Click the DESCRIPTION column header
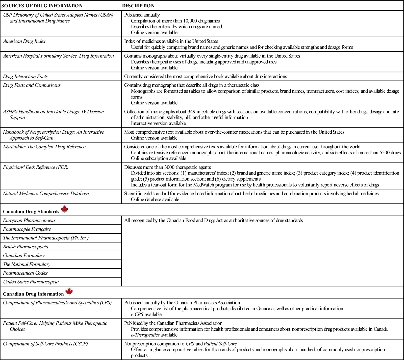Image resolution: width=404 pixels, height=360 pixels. click(x=138, y=6)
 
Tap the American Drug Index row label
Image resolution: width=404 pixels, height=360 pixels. click(x=24, y=41)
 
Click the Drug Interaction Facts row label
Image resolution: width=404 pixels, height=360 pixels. click(x=25, y=76)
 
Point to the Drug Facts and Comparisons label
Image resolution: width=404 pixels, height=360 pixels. click(x=32, y=85)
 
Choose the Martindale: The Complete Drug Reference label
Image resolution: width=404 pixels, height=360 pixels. click(x=44, y=147)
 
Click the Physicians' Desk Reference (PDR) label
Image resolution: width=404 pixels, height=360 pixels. click(x=36, y=167)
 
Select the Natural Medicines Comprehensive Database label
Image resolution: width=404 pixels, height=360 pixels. click(x=46, y=194)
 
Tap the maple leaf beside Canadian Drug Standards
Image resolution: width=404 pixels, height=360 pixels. click(x=65, y=209)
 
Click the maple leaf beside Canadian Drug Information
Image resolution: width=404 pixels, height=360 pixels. click(x=69, y=292)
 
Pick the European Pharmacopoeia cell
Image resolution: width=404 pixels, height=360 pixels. click(x=29, y=220)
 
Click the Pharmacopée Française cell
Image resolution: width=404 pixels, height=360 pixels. click(x=27, y=229)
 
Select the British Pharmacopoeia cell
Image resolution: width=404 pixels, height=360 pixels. click(x=26, y=247)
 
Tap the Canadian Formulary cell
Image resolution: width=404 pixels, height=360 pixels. click(x=24, y=255)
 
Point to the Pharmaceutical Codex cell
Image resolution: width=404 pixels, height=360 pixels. click(x=25, y=273)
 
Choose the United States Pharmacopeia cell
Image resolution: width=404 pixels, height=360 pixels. click(x=31, y=282)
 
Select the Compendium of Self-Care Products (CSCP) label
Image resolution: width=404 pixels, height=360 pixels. click(x=45, y=344)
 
